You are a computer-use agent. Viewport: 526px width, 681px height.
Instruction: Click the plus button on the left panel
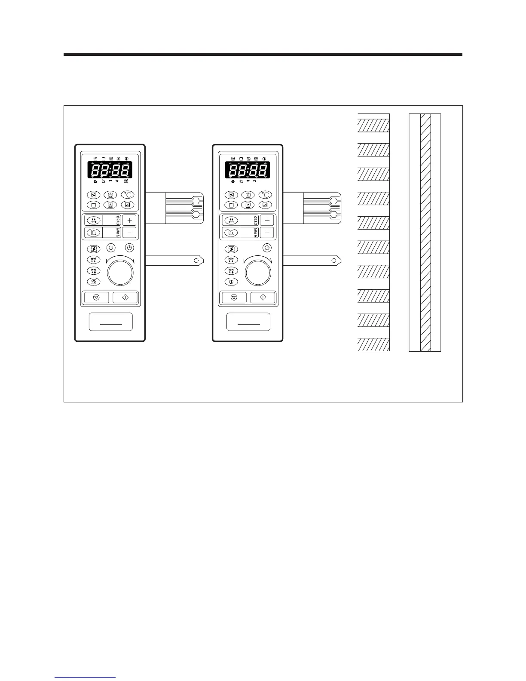pos(129,220)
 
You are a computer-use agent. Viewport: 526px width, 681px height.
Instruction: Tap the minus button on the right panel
pos(267,233)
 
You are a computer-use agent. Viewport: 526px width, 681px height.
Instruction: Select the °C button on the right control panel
pos(265,195)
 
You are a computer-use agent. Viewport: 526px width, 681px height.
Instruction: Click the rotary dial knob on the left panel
pos(120,272)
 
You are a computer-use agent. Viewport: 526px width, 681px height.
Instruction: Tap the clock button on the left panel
pos(129,248)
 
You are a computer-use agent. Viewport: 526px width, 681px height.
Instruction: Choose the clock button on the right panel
pos(267,248)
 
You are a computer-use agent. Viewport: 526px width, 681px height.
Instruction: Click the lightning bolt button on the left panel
pos(93,249)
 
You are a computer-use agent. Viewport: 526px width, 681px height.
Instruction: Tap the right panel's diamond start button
pos(263,297)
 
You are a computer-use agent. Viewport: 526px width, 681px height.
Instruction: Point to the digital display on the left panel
pos(110,170)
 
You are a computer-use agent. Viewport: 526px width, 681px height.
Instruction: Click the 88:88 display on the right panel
pos(248,170)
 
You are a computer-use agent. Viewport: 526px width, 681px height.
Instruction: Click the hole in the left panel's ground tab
pos(196,260)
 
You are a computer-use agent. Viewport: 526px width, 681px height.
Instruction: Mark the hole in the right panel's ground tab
pos(334,260)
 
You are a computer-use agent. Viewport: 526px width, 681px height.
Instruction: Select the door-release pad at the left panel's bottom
pos(111,322)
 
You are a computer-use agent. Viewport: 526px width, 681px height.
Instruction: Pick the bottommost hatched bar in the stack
pos(373,344)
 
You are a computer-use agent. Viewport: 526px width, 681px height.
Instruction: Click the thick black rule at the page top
pos(263,55)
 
